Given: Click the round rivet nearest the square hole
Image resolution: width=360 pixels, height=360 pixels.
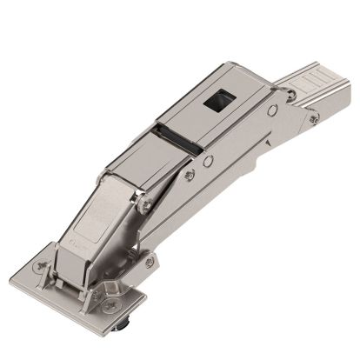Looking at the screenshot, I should coord(273,110).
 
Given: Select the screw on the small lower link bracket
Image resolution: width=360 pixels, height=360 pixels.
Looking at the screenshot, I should coord(150,259).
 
